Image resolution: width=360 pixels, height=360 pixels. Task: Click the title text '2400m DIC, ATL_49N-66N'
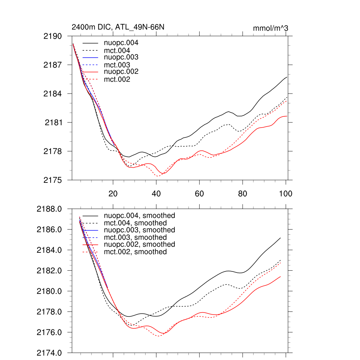click(118, 27)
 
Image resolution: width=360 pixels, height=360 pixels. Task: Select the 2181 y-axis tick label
click(54, 123)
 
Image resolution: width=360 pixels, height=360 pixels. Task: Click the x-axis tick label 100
click(285, 193)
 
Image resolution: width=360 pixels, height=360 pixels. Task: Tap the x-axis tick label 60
click(199, 193)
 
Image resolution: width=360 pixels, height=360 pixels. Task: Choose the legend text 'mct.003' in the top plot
click(117, 65)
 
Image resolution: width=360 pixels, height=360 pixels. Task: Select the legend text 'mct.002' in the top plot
click(117, 80)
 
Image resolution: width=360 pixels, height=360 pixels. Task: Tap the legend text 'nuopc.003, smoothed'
click(139, 230)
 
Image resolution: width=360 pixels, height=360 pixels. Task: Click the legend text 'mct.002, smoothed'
click(135, 252)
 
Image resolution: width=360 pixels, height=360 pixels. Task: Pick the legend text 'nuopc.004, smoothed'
click(139, 216)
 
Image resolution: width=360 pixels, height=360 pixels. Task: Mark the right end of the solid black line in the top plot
click(287, 77)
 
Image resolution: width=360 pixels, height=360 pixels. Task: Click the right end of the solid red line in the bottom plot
click(281, 277)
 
